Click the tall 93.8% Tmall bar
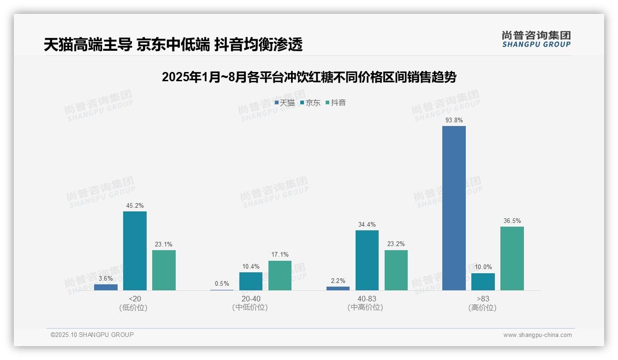[454, 208]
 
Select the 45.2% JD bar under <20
[135, 251]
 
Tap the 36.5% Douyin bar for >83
[512, 258]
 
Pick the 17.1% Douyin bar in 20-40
[280, 276]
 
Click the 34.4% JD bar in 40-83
[367, 260]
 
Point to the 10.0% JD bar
[483, 282]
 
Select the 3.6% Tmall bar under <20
[106, 287]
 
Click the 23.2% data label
[396, 244]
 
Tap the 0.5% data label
[222, 284]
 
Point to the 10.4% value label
[251, 266]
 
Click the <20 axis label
[135, 299]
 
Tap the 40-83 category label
[367, 299]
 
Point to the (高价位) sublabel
[483, 307]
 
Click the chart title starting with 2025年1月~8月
[309, 77]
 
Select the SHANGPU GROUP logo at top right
[536, 39]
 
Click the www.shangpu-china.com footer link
[537, 335]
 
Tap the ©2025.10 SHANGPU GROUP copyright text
[92, 335]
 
